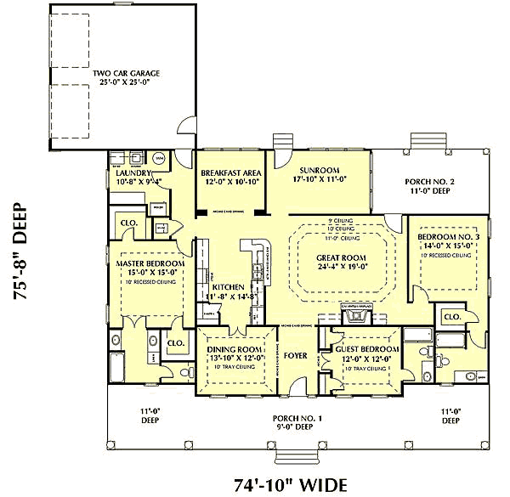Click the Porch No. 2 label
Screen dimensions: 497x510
428,182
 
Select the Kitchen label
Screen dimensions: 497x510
228,287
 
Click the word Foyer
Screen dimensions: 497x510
295,356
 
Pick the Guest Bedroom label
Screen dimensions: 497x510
365,349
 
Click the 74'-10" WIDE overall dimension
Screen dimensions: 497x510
291,485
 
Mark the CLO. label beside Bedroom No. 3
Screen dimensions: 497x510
451,316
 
